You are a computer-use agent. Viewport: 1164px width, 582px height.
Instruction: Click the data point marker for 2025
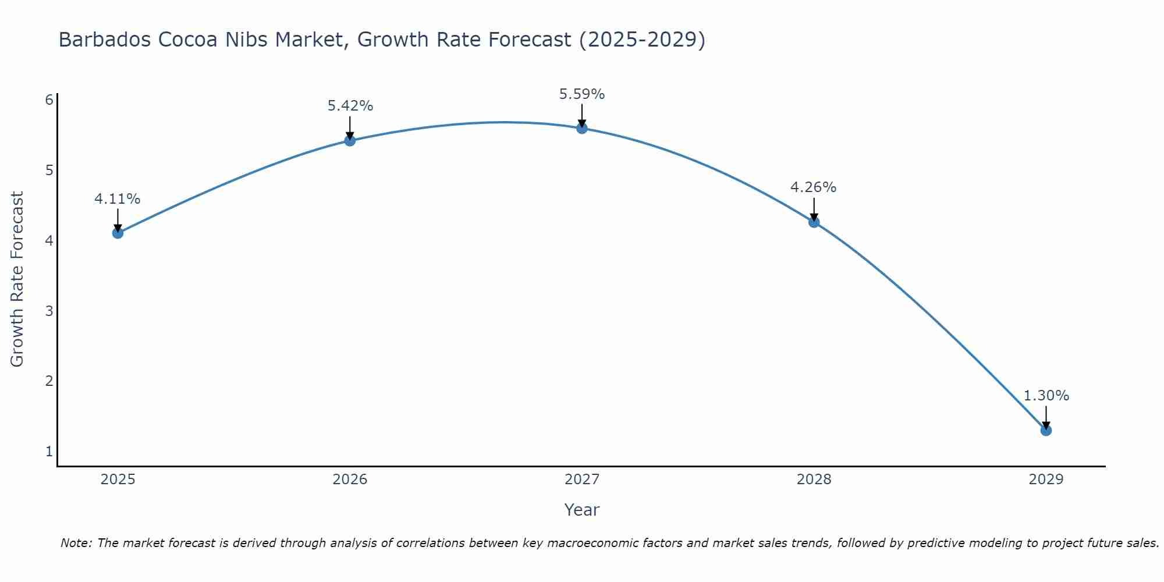(118, 233)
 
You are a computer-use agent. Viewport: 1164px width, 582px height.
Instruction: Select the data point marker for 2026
(350, 140)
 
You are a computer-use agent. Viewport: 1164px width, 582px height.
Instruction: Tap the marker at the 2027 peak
(582, 128)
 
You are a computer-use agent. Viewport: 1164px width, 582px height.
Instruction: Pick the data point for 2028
(814, 222)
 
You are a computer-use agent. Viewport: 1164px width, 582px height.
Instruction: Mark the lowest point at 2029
(1046, 431)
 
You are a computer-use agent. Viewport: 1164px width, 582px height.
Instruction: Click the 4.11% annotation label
(118, 199)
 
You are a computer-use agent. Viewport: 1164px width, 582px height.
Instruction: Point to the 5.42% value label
(350, 106)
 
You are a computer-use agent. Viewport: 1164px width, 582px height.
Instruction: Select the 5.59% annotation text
(582, 94)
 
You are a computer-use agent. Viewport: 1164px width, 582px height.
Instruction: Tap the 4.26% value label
(814, 187)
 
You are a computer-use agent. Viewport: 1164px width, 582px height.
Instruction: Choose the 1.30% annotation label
(1046, 396)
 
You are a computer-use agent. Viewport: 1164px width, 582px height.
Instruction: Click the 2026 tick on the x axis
(350, 480)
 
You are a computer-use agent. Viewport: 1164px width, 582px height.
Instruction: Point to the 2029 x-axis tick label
(1046, 480)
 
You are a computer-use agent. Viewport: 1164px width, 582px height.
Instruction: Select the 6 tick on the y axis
(49, 100)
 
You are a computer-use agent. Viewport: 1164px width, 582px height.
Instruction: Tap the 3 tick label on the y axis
(49, 311)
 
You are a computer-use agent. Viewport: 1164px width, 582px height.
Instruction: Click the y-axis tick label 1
(49, 452)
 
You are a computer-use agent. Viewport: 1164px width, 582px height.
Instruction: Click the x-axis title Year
(581, 510)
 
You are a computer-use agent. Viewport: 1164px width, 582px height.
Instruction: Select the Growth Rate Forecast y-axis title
(17, 279)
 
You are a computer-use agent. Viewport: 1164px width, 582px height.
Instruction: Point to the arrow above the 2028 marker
(814, 210)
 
